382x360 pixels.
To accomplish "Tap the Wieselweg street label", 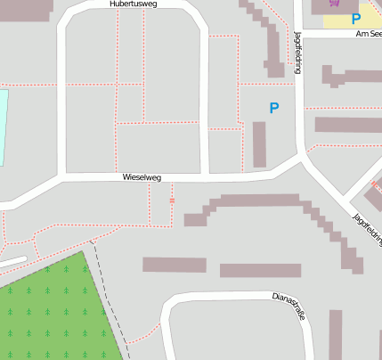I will pyautogui.click(x=142, y=178).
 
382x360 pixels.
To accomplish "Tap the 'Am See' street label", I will pyautogui.click(x=368, y=33).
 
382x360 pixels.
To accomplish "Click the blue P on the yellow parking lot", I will pyautogui.click(x=356, y=18).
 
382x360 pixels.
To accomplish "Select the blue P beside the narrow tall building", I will pyautogui.click(x=274, y=108).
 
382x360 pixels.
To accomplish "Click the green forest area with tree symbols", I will pyautogui.click(x=53, y=312).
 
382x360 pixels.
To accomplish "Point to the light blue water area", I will pyautogui.click(x=3, y=125).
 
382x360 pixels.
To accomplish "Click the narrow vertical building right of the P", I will pyautogui.click(x=259, y=143).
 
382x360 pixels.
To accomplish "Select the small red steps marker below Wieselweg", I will pyautogui.click(x=172, y=200).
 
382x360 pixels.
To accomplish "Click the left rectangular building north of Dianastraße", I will pyautogui.click(x=175, y=265).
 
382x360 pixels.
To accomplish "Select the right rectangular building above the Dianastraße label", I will pyautogui.click(x=260, y=270).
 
